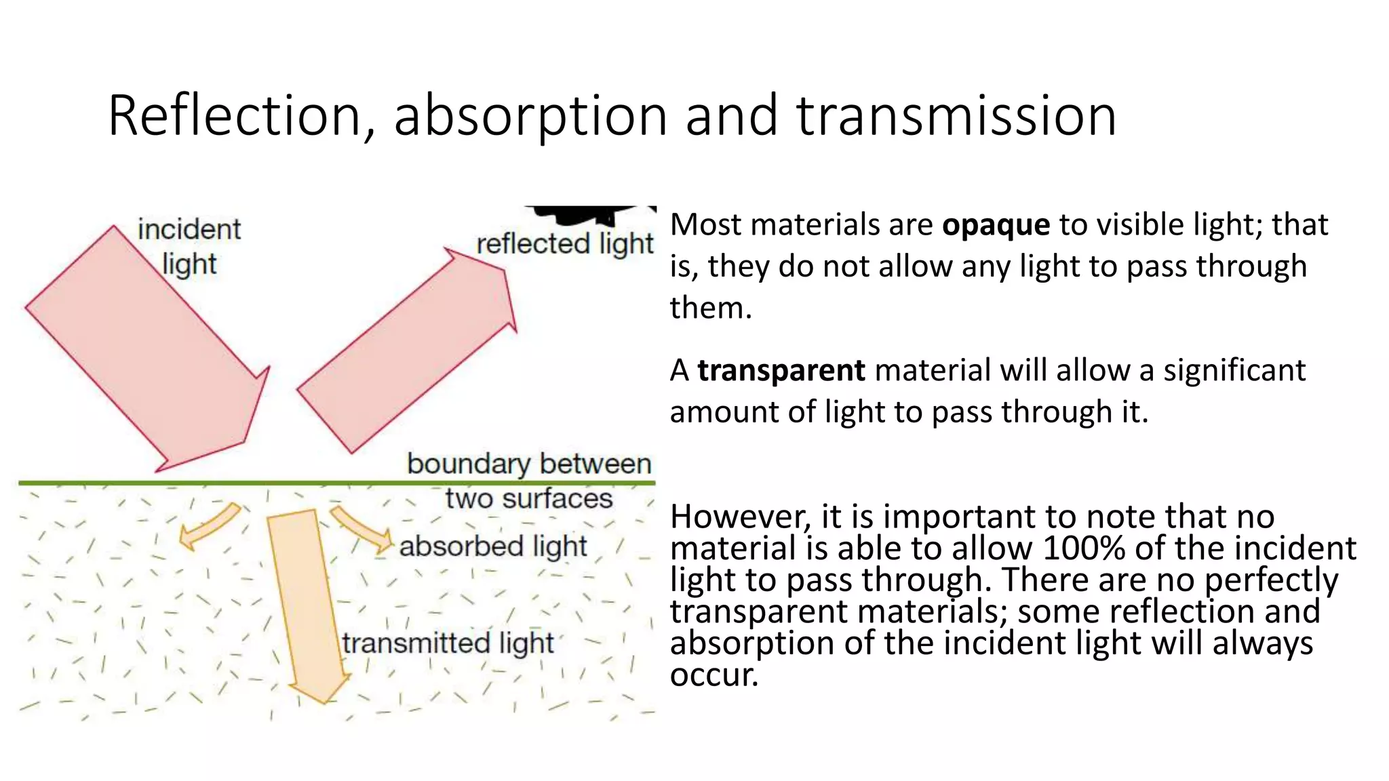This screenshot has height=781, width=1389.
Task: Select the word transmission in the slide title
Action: pos(956,117)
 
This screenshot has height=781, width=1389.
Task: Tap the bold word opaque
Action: pos(996,225)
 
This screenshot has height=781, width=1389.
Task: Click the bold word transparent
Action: pos(781,371)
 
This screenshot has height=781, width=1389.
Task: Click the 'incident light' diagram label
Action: pos(189,246)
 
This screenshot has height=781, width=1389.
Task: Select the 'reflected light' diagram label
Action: pos(564,244)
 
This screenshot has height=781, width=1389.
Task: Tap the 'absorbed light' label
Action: pos(493,546)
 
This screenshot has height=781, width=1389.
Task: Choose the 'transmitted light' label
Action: pos(448,643)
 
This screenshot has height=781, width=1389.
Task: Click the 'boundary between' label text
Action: pos(529,464)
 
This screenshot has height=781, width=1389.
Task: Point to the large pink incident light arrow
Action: pos(149,353)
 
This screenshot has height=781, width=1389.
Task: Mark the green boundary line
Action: pos(203,483)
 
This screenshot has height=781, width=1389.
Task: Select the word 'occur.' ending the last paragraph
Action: pos(713,675)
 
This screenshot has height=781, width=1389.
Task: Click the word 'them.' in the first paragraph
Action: pos(711,308)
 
